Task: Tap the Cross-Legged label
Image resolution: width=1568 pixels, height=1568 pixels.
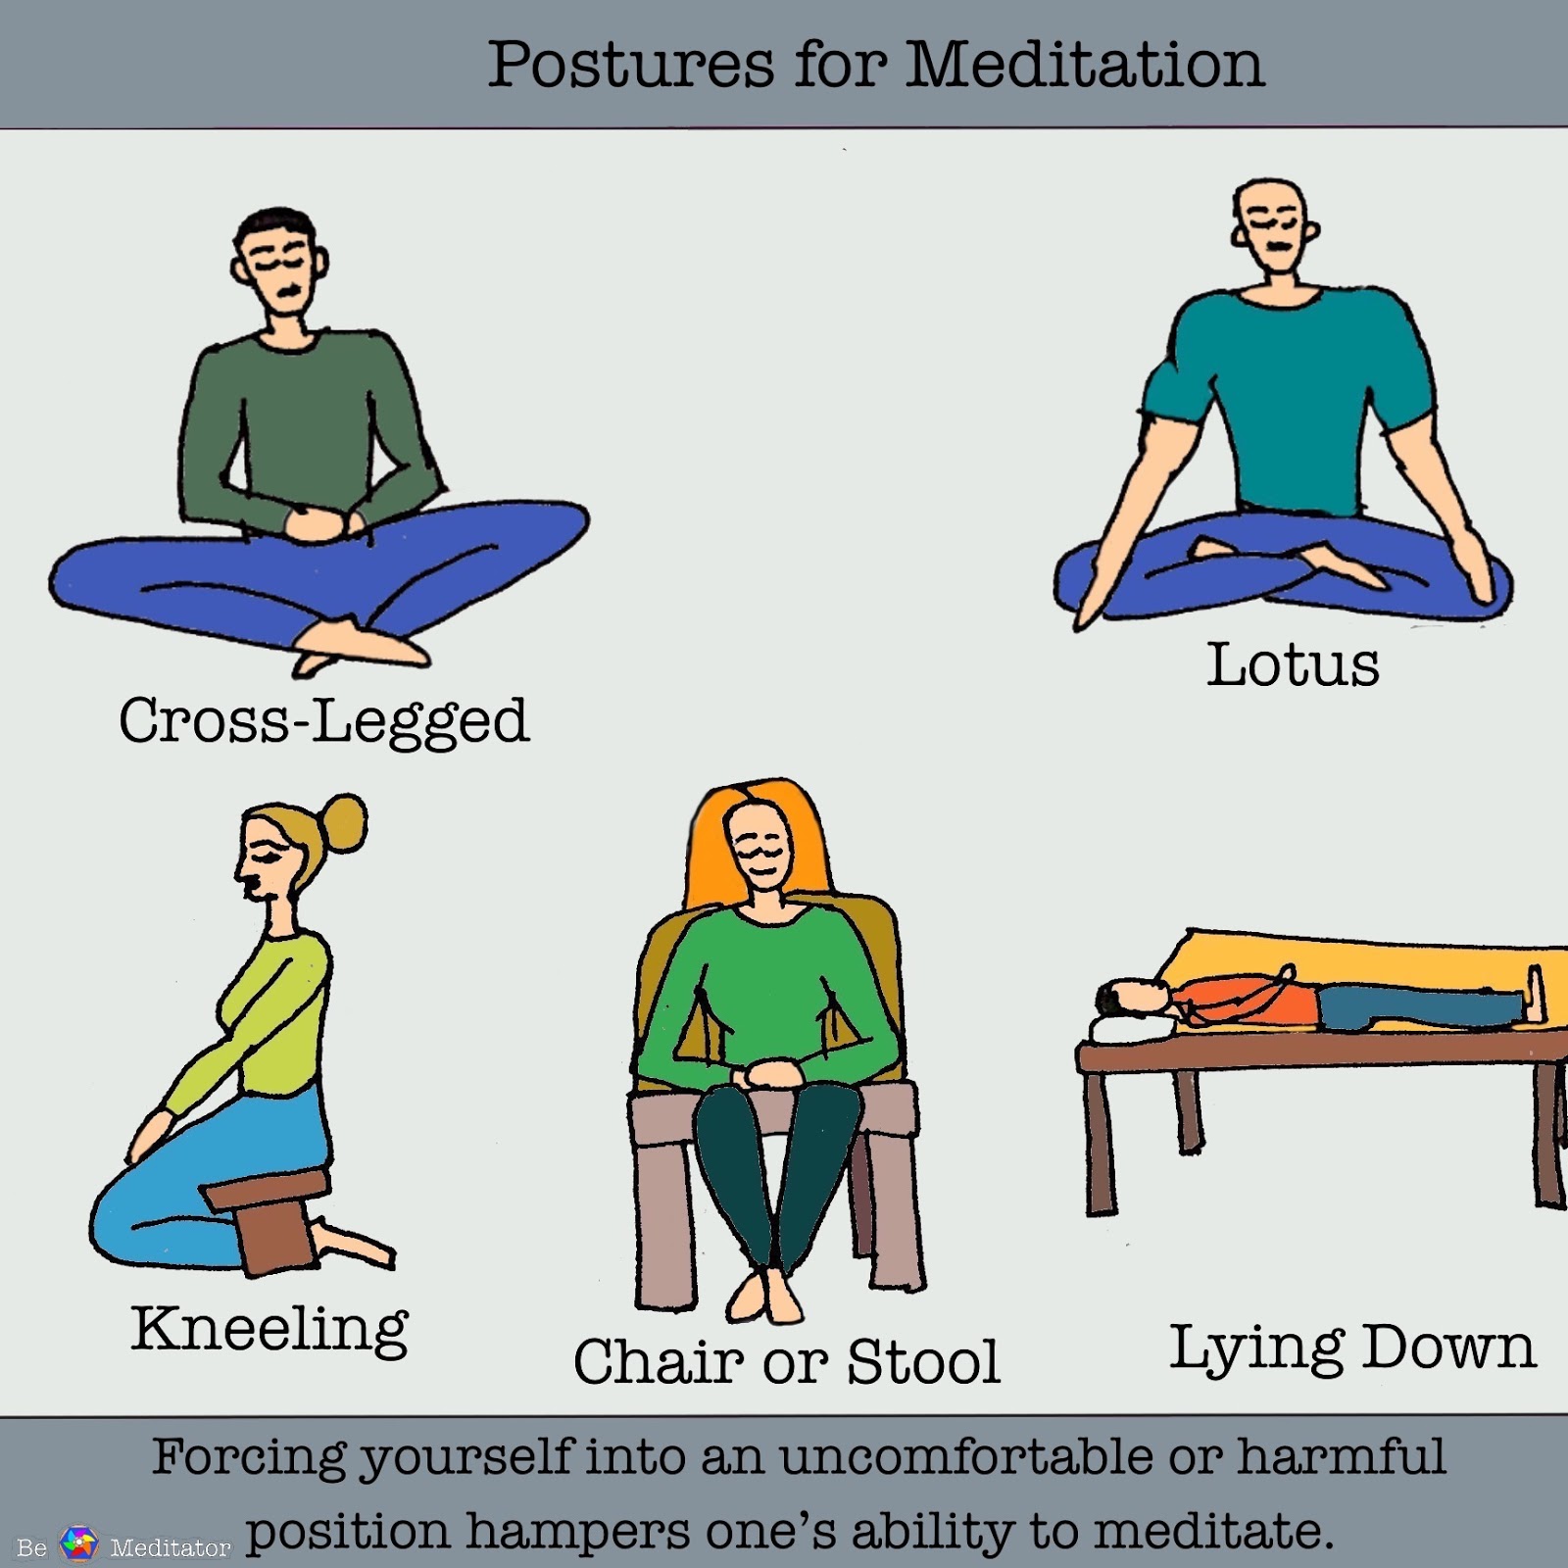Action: point(323,721)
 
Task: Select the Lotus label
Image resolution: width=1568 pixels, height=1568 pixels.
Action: point(1292,664)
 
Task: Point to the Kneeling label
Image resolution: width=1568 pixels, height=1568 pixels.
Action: point(269,1330)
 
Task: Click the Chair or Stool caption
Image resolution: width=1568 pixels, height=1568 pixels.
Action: point(787,1361)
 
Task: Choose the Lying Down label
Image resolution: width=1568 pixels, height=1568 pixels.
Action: point(1352,1347)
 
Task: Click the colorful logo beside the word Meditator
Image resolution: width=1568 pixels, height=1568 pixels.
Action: point(79,1543)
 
